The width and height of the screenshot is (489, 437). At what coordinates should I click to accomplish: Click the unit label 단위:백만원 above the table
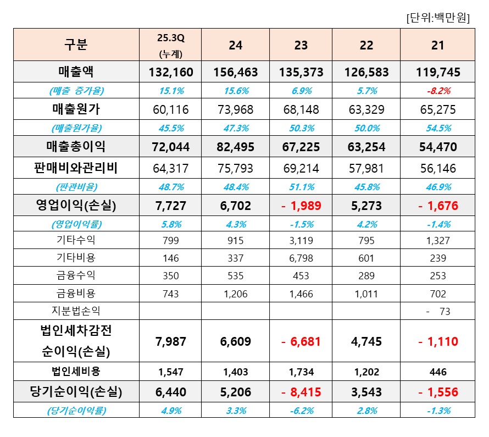tap(437, 18)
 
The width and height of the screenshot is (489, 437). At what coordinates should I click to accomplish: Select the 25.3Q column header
tap(170, 45)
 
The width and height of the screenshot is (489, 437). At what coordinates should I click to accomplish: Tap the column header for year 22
tap(366, 45)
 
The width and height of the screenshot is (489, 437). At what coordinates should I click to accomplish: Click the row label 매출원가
tap(76, 109)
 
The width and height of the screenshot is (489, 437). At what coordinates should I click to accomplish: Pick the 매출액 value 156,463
tap(235, 72)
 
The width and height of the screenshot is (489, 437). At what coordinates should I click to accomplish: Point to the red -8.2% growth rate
tap(437, 90)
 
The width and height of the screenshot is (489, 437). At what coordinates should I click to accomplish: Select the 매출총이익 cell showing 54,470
tap(437, 147)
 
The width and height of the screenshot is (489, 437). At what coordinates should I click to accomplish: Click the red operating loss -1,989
tap(301, 206)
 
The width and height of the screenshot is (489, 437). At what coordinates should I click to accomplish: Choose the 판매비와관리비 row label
tap(76, 168)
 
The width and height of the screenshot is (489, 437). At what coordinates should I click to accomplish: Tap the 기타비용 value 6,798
tap(301, 258)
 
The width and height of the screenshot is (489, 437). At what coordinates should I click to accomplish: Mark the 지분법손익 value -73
tap(438, 312)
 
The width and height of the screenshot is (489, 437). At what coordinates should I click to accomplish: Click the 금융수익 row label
tap(76, 275)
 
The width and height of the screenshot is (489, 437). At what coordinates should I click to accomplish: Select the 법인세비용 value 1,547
tap(170, 372)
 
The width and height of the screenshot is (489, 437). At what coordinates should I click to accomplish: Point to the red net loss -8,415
tap(301, 392)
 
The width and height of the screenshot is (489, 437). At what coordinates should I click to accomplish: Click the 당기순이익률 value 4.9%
tap(170, 410)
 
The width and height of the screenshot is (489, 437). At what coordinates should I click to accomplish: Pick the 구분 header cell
tap(76, 45)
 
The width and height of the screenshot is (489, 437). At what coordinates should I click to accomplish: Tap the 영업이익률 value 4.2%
tap(366, 224)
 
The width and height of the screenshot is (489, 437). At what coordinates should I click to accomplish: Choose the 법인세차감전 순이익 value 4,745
tap(366, 341)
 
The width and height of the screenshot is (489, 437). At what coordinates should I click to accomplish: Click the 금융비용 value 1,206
tap(235, 294)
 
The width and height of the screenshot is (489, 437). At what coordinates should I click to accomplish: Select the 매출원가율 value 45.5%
tap(170, 128)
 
